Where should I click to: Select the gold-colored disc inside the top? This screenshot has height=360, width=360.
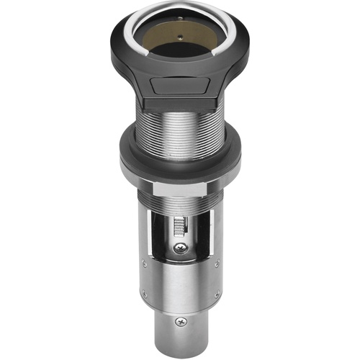click(x=180, y=37)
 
